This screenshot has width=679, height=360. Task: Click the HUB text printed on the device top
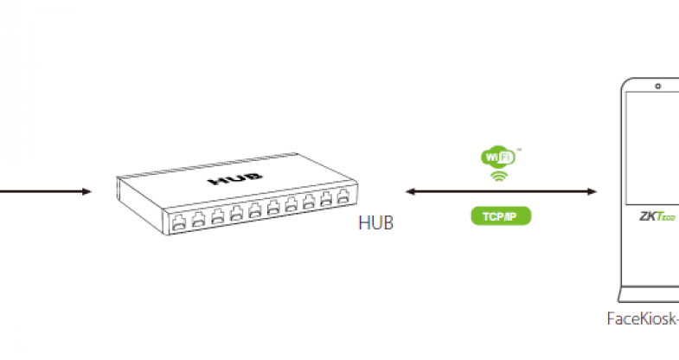227,183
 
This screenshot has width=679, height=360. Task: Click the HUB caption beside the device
375,224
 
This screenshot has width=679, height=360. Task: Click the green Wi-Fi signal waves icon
499,177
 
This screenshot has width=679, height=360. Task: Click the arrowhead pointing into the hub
86,190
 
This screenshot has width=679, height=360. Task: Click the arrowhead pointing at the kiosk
593,190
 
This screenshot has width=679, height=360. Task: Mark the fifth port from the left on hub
254,211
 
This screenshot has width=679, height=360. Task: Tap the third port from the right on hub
310,202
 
